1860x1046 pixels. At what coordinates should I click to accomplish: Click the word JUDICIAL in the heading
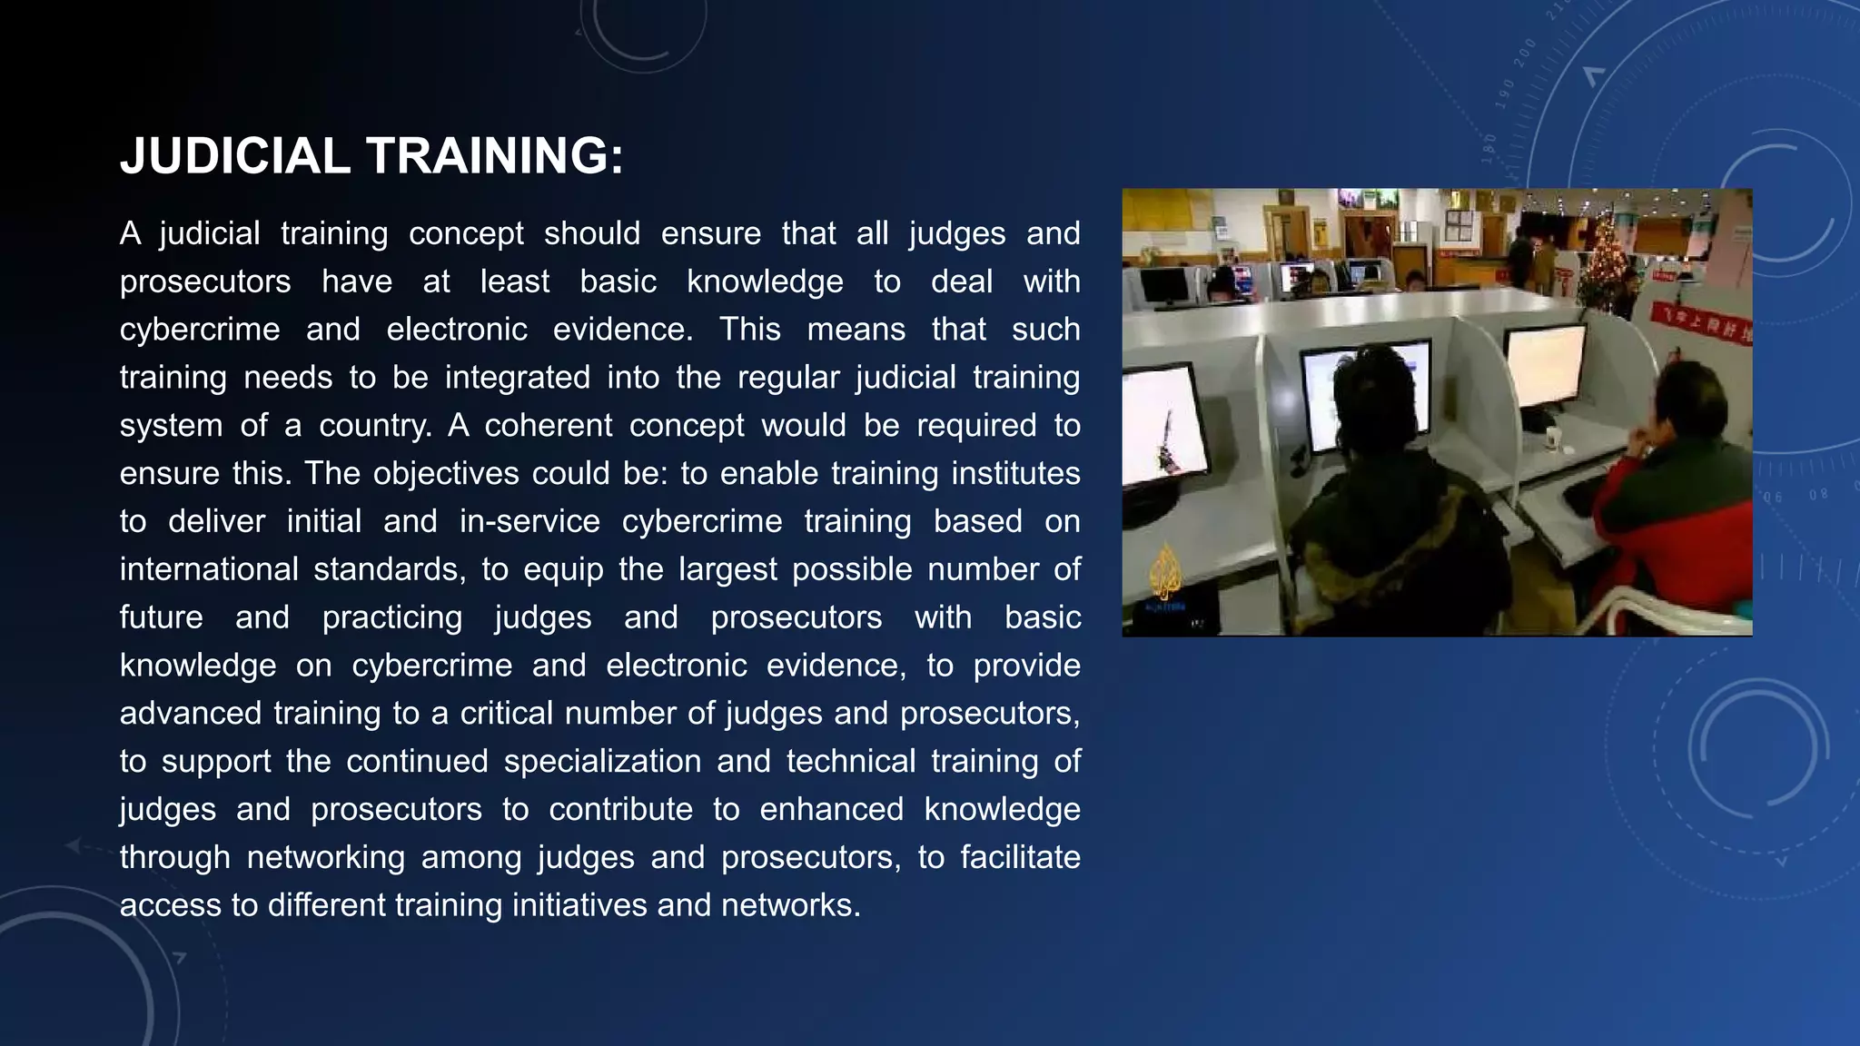point(234,156)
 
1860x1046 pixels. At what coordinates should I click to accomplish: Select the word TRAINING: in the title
point(495,156)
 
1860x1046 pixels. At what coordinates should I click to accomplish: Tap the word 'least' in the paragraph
point(514,281)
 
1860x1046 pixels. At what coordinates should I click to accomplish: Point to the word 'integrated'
point(517,378)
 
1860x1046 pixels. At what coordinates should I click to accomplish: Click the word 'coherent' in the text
point(548,426)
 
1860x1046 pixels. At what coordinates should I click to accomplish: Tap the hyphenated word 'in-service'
point(529,522)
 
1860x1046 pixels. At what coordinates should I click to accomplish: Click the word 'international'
point(209,570)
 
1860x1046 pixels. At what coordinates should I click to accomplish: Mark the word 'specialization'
point(602,762)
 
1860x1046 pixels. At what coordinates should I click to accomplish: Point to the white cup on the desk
point(1554,439)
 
